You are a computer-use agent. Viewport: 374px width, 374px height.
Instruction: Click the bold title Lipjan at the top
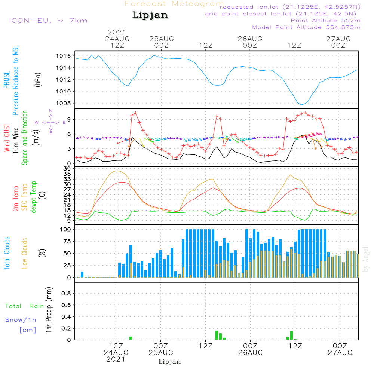[x=150, y=15]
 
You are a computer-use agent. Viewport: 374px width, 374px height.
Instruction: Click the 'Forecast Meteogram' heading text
[x=174, y=4]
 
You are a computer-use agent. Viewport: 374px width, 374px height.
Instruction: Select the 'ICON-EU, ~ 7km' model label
[x=48, y=21]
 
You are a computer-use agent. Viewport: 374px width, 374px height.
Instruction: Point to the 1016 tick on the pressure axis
[x=64, y=56]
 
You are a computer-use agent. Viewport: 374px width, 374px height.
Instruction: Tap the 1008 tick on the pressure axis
[x=64, y=103]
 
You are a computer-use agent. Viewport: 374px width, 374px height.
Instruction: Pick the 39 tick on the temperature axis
[x=67, y=169]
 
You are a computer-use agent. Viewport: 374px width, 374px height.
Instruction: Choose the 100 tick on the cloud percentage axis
[x=65, y=229]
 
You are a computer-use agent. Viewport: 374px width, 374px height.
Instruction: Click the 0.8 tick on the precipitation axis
[x=66, y=294]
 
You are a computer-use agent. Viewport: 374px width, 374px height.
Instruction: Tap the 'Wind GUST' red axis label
[x=7, y=138]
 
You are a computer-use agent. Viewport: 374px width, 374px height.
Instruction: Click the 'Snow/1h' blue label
[x=21, y=320]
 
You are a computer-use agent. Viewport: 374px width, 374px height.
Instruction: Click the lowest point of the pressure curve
[x=302, y=104]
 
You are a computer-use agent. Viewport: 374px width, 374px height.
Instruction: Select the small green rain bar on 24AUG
[x=131, y=338]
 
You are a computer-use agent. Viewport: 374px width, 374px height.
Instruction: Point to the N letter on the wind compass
[x=51, y=111]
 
